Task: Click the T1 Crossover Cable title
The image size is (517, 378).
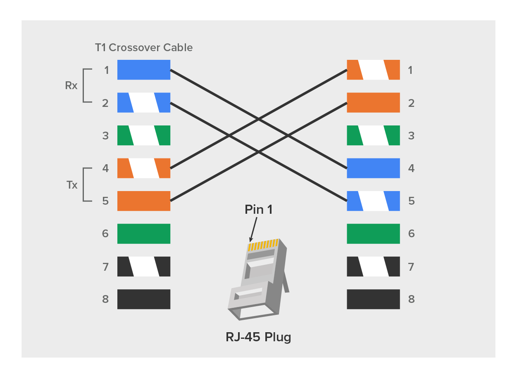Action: (x=143, y=47)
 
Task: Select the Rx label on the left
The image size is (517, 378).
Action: (x=71, y=86)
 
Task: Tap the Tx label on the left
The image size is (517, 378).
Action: (x=72, y=185)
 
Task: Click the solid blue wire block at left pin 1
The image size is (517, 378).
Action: (x=143, y=70)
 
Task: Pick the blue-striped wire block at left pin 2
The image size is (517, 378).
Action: (x=143, y=103)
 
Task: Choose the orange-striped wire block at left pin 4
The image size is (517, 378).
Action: (x=143, y=168)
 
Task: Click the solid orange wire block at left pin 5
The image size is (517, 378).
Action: (x=143, y=201)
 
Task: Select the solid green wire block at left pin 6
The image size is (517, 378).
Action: (x=143, y=234)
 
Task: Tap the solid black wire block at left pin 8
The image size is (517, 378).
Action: (x=143, y=299)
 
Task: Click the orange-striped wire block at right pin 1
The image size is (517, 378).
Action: (x=373, y=70)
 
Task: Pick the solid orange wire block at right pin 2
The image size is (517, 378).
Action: (x=373, y=103)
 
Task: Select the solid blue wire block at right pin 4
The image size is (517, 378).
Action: (x=373, y=168)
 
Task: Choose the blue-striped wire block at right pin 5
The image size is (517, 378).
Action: (x=373, y=201)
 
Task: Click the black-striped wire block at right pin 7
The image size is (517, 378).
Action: (x=373, y=267)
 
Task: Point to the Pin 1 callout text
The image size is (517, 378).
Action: (x=258, y=210)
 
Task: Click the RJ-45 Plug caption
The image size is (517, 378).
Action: (x=258, y=337)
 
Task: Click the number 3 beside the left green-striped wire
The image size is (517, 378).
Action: (x=106, y=135)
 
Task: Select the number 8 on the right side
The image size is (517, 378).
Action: (x=411, y=299)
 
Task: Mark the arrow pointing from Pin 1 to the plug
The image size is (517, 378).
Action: (x=253, y=229)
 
